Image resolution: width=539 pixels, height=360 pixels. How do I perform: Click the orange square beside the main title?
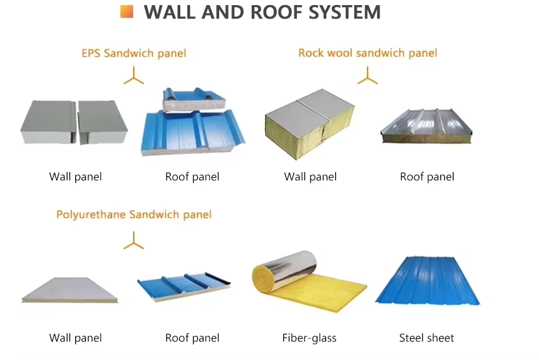127,11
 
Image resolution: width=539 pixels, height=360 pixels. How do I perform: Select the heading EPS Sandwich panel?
134,54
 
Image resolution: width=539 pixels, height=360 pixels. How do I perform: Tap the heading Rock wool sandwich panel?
368,53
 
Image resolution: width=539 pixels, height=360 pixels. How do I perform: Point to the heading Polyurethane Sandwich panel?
134,214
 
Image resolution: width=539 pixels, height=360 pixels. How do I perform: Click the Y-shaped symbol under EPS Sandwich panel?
134,77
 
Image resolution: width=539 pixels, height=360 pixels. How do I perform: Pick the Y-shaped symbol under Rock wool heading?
368,77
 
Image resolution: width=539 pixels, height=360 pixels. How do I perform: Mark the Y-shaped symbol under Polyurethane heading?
134,241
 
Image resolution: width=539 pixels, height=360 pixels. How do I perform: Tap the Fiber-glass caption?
309,338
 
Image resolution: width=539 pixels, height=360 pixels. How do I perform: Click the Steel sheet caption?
426,338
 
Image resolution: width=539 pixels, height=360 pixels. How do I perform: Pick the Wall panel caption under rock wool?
310,176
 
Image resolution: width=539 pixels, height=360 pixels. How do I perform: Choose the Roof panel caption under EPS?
192,176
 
